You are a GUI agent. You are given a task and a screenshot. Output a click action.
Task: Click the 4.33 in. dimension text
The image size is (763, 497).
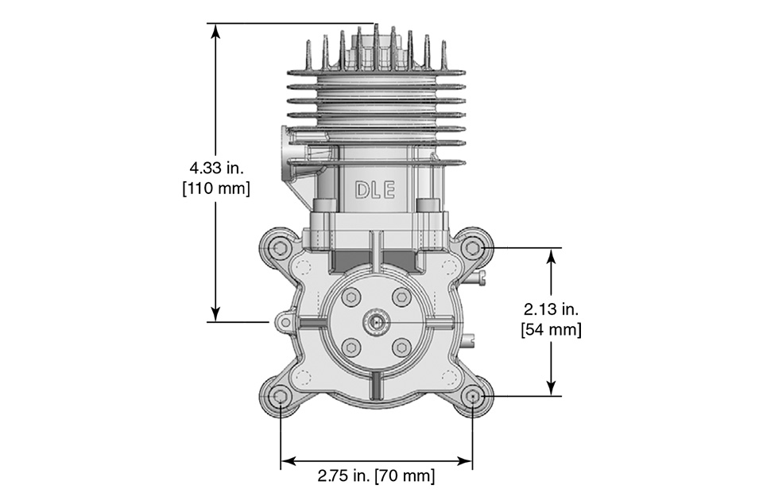(215, 169)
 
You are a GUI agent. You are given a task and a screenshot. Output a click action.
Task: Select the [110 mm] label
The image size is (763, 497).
(215, 188)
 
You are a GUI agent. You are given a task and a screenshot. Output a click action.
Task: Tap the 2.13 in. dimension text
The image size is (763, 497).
(551, 309)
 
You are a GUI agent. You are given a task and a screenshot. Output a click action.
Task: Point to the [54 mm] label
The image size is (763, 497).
(551, 329)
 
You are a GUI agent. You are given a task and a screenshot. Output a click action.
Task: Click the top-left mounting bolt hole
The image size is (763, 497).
(279, 248)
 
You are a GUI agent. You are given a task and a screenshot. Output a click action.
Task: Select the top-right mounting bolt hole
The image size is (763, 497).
(473, 248)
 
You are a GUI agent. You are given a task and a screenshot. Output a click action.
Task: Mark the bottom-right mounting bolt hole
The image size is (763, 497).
(473, 396)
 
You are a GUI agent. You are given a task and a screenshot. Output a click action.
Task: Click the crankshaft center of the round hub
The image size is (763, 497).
(376, 322)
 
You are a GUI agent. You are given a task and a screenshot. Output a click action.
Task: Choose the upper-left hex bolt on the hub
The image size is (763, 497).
(350, 297)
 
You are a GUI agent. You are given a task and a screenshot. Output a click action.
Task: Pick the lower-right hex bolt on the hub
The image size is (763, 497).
(402, 348)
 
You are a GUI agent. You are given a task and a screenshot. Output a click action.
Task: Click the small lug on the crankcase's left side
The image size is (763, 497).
(283, 321)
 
